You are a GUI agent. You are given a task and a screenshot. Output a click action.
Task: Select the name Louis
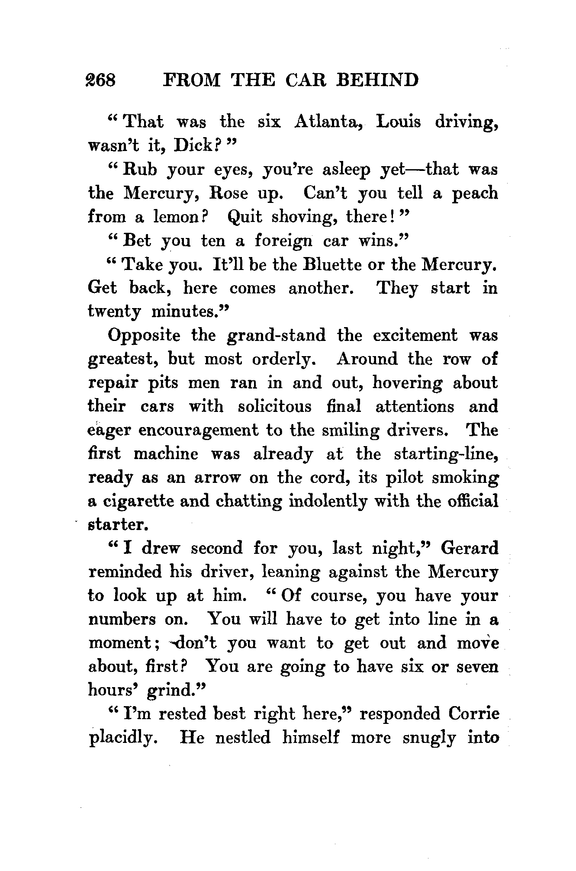pos(398,122)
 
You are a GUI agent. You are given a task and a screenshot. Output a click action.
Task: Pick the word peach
pos(475,193)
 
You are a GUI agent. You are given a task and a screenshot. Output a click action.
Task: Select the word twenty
pos(114,312)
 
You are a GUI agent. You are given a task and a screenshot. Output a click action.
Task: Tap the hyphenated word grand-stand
pos(276,336)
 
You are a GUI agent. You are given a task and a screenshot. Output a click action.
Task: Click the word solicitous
pos(274,407)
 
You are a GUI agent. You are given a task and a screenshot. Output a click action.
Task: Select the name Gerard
pos(469,549)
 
